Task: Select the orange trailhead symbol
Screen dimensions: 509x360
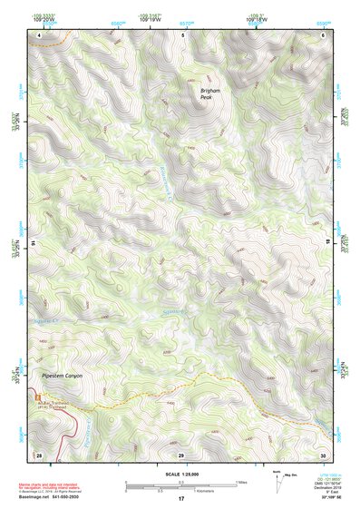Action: pos(37,396)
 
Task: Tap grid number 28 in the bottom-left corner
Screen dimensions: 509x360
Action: pos(39,454)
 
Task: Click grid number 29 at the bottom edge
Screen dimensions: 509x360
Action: pos(180,454)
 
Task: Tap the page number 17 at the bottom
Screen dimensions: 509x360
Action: pos(180,500)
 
